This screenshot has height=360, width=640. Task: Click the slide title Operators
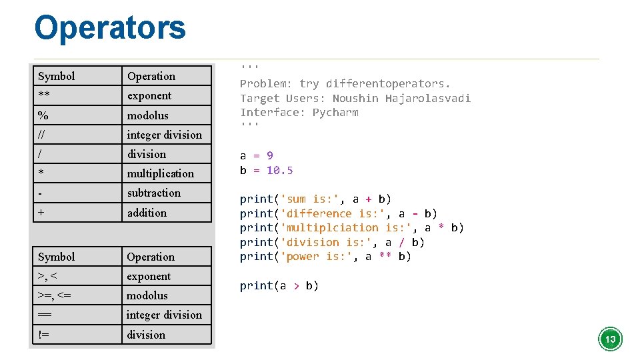[110, 28]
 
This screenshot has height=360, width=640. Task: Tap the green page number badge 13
[609, 339]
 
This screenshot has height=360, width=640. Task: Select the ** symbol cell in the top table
[45, 95]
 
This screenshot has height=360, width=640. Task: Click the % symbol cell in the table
[43, 115]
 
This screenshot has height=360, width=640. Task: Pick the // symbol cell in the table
[42, 135]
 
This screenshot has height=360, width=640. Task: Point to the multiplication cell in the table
[161, 173]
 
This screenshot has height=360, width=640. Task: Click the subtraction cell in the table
[154, 193]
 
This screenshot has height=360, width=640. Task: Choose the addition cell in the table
[147, 213]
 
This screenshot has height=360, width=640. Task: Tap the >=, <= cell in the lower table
[55, 295]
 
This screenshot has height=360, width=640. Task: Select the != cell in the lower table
[44, 335]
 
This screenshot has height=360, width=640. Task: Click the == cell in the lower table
[45, 315]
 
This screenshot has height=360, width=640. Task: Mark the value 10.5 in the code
[280, 170]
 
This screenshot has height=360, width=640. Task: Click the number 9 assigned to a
[270, 155]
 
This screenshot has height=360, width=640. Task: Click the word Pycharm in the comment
[335, 112]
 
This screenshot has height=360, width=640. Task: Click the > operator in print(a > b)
[296, 285]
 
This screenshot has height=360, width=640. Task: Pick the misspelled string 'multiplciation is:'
[349, 227]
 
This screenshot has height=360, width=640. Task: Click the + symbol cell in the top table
[42, 213]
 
